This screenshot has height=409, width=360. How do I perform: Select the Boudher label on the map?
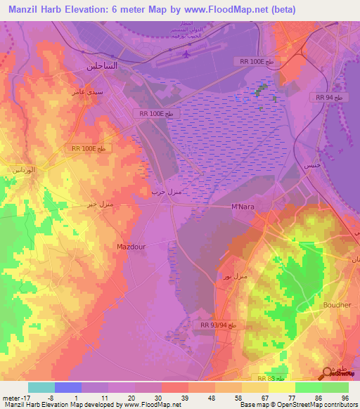tap(335, 305)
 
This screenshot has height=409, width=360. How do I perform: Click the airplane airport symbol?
tap(186, 53)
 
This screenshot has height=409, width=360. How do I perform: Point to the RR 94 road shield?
tap(328, 98)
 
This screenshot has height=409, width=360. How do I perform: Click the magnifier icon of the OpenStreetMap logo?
tap(327, 374)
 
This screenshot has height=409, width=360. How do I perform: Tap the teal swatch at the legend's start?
tap(41, 387)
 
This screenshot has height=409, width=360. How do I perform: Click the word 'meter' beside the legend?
tap(12, 398)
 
